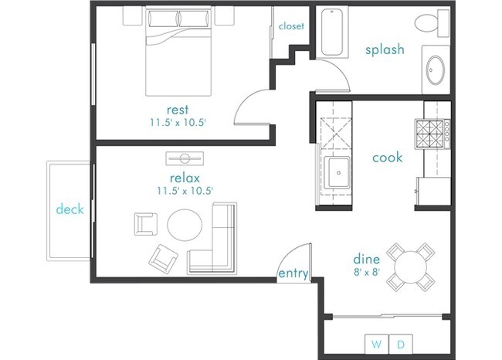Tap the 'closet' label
coord(291,25)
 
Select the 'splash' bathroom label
coord(385,50)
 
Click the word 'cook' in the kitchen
coord(387,157)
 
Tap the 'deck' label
coord(70,209)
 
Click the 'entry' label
coord(293,273)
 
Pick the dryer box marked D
coord(401,343)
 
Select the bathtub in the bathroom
coord(334,32)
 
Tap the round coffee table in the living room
coord(185,225)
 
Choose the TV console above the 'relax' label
coord(185,158)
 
